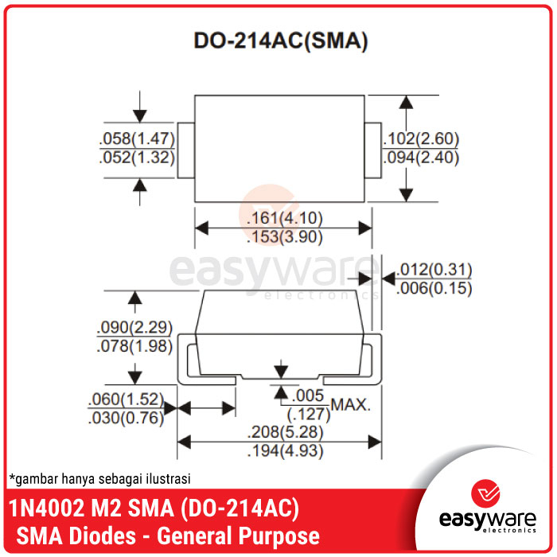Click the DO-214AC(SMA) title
[x=281, y=42]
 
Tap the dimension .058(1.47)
[x=137, y=138]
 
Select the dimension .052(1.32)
[x=137, y=158]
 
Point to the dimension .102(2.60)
[x=421, y=138]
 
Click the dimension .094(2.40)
[x=421, y=158]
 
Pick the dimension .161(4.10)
[x=283, y=218]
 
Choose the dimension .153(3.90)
[x=283, y=237]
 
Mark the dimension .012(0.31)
[x=434, y=269]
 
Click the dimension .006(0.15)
[x=434, y=288]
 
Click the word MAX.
[x=351, y=405]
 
